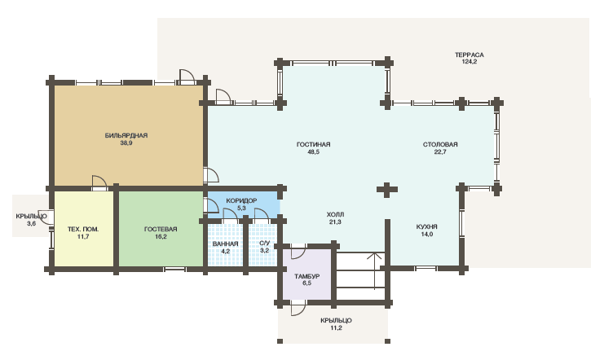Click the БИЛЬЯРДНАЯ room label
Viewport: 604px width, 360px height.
tap(126, 135)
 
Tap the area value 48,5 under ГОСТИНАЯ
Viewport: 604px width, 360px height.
tap(313, 151)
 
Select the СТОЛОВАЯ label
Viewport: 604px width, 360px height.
tap(440, 144)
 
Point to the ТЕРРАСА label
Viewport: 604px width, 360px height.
tap(470, 55)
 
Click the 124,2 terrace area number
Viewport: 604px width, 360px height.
tap(470, 61)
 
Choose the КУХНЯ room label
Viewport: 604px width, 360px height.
tap(427, 226)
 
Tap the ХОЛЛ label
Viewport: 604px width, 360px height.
tap(335, 214)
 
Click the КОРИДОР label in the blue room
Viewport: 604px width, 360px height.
tap(241, 201)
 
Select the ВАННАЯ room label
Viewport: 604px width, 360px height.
tap(225, 244)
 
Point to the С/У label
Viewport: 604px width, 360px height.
tap(265, 244)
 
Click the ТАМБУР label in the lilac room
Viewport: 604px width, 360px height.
tap(307, 276)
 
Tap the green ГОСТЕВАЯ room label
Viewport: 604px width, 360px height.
tap(161, 229)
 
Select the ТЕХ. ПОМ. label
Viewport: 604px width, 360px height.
tap(83, 229)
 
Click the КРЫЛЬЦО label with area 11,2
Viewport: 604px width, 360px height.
tap(336, 320)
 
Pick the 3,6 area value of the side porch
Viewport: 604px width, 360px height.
tap(31, 223)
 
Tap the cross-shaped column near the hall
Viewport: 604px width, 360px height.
tap(387, 190)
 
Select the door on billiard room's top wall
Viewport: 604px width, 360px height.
tap(187, 77)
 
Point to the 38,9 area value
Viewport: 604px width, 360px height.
tap(126, 143)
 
